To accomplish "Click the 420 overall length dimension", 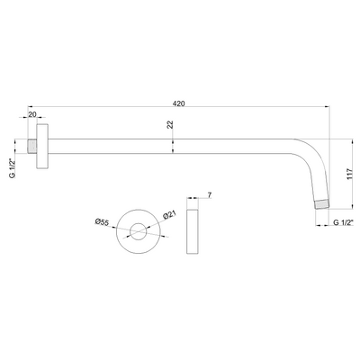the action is pos(179,103).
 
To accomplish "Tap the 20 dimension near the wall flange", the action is pos(32,114).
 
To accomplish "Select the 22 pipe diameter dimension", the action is pos(170,125).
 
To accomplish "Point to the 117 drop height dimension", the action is pos(349,174).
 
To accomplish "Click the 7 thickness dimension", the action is pos(210,195).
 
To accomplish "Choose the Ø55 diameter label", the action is pos(102,222).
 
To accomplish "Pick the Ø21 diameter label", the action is pos(169,215).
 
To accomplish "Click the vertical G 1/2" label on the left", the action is pos(13,168).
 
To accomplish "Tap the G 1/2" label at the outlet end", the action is pos(344,222).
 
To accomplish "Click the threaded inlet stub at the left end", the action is pos(32,147).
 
